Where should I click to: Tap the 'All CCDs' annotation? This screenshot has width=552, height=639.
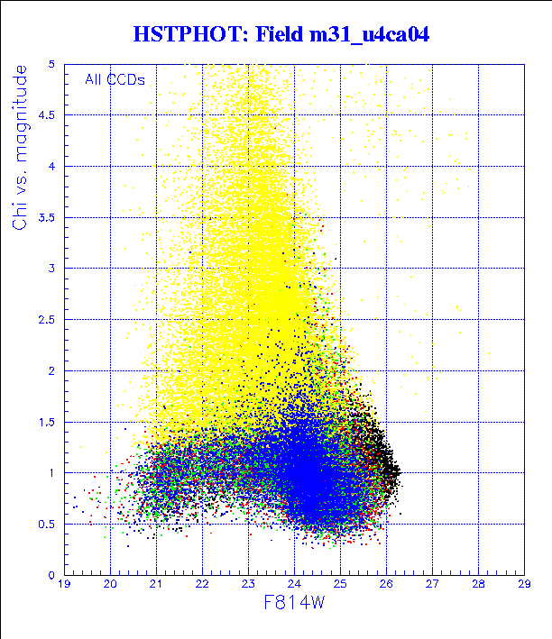(115, 79)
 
